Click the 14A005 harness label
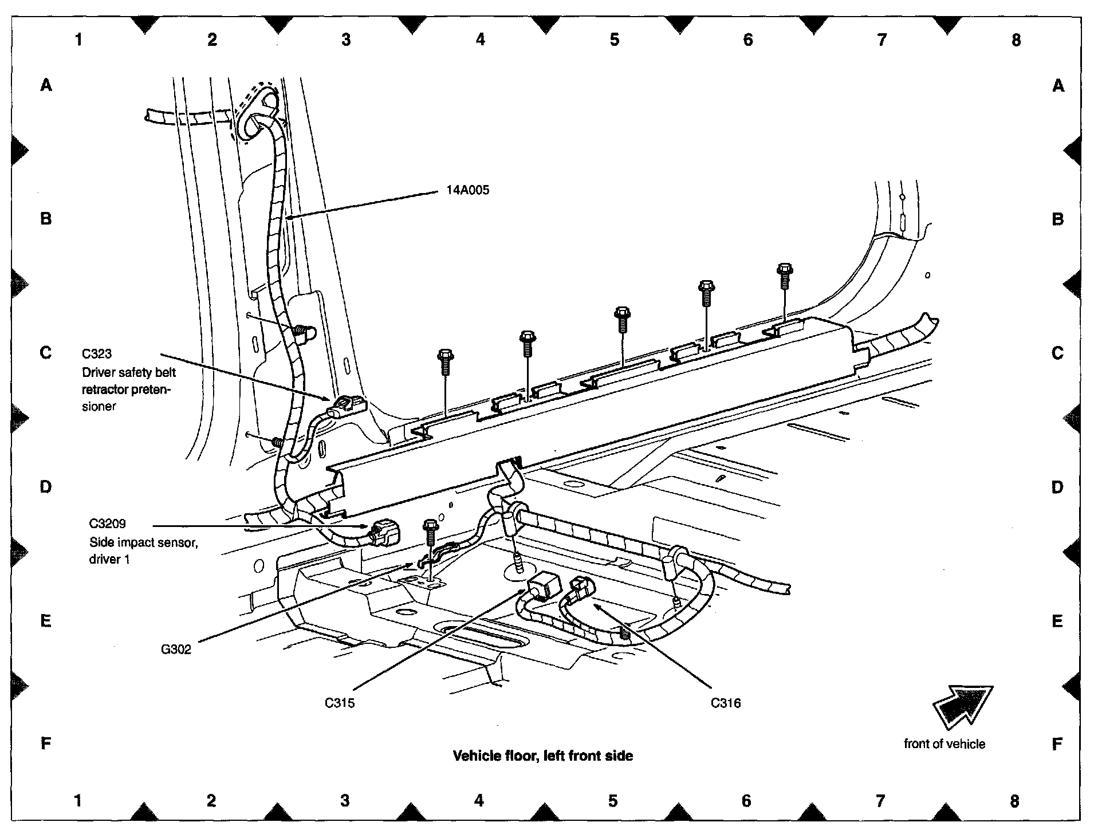click(468, 191)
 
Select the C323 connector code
click(97, 354)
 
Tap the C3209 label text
click(107, 524)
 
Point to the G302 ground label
click(176, 650)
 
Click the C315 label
click(340, 703)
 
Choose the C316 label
click(726, 703)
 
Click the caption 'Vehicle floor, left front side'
click(543, 756)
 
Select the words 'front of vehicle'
click(945, 744)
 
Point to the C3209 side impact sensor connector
click(385, 533)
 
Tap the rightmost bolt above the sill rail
click(784, 274)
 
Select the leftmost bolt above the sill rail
click(445, 361)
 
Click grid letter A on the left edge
click(46, 86)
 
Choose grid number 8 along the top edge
click(1016, 40)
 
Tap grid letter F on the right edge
click(1057, 744)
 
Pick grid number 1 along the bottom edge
click(78, 800)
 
